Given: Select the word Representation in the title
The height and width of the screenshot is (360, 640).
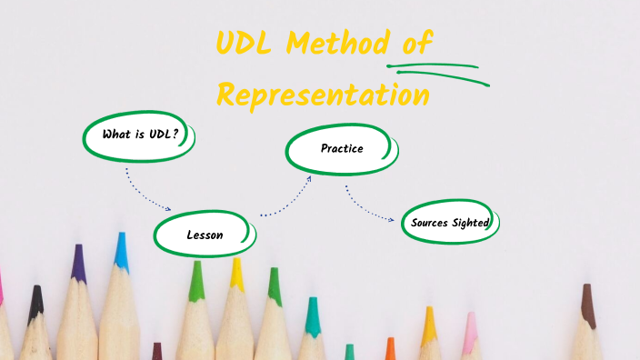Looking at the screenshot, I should click(x=324, y=94).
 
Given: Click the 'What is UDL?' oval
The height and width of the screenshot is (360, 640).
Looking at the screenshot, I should click(x=137, y=135).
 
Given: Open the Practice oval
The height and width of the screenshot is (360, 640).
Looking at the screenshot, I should click(x=341, y=148).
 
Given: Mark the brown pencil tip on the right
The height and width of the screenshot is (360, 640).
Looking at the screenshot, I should click(x=588, y=305).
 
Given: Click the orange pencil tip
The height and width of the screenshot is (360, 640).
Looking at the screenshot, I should click(x=390, y=347).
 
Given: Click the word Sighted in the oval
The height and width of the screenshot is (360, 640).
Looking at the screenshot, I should click(x=472, y=223).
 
